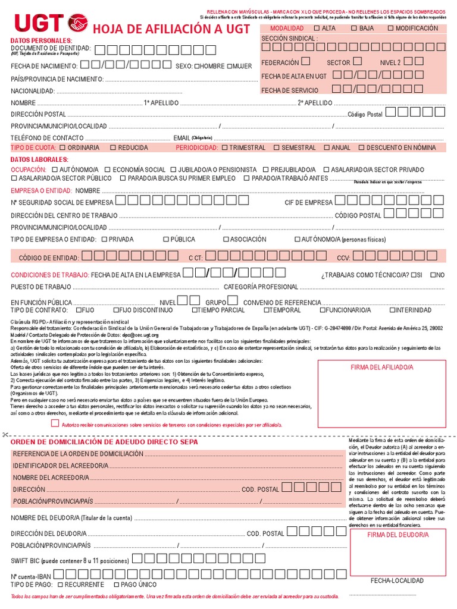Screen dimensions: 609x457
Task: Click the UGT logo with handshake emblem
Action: point(50,23)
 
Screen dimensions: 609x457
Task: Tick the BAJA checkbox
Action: point(354,28)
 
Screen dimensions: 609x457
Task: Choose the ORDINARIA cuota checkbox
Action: point(62,147)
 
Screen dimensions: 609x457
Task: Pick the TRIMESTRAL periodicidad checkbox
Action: point(224,147)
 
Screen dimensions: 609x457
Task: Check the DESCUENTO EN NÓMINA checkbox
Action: point(361,147)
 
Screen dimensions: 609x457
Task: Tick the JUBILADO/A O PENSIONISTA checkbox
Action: point(174,169)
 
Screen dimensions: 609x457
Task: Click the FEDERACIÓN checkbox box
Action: point(305,61)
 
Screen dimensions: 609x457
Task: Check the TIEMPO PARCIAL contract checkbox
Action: point(195,310)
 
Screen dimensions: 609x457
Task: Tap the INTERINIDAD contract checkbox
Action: point(392,310)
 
